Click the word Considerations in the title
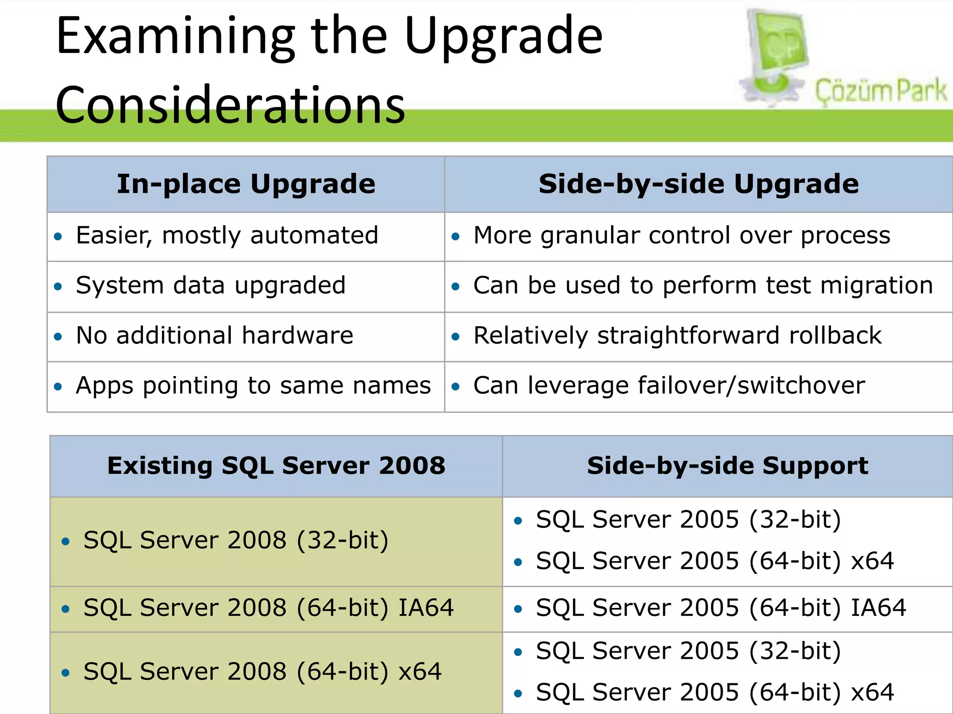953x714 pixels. pos(230,106)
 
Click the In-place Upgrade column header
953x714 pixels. pos(246,184)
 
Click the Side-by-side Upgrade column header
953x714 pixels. pos(698,184)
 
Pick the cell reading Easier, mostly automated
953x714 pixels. pos(227,236)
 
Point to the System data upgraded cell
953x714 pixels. pos(211,285)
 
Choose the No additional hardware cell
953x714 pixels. pos(215,336)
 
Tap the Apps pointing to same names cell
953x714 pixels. pos(253,386)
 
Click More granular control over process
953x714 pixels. pos(681,236)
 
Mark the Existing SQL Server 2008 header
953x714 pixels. pos(276,466)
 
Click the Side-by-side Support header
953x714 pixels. pos(727,466)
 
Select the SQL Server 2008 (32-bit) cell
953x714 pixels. pos(235,541)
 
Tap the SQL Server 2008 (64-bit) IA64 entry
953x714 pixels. pos(268,608)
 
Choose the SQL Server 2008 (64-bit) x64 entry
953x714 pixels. pos(262,672)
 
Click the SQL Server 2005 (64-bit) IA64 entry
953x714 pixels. pos(721,608)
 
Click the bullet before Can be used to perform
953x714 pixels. pos(456,287)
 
